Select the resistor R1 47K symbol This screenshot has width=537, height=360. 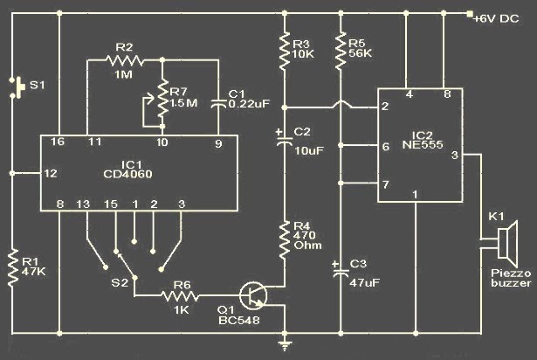[x=13, y=267]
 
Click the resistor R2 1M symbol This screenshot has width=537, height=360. [x=124, y=61]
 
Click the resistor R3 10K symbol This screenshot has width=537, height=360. [x=284, y=50]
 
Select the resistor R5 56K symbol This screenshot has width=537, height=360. [x=339, y=50]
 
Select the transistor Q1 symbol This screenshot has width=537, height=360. [x=257, y=295]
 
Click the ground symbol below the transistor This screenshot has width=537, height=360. [x=284, y=344]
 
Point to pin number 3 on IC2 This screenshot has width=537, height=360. [x=454, y=155]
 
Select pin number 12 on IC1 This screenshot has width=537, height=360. [x=51, y=173]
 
